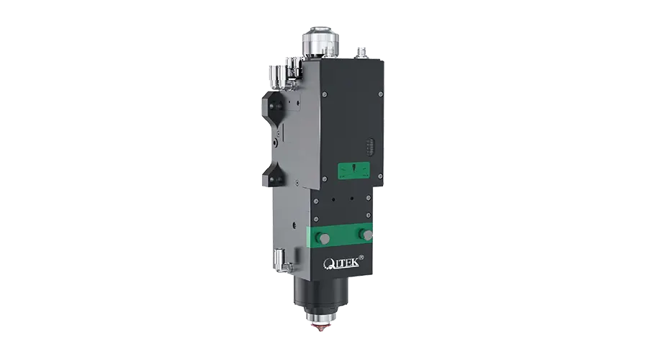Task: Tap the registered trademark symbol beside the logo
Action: coord(361,257)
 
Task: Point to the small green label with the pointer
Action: coord(354,171)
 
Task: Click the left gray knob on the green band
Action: coord(323,238)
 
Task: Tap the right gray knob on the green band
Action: coord(366,234)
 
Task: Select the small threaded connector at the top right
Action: coord(361,53)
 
